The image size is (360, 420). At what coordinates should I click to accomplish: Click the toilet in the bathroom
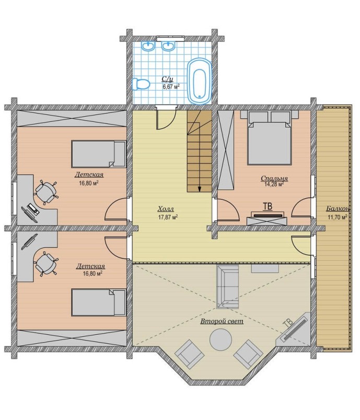tap(141, 84)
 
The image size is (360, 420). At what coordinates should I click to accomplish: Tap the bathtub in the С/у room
tap(200, 81)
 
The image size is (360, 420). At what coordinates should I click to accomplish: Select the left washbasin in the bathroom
tap(148, 46)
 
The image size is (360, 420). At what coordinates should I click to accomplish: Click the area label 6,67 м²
tap(171, 86)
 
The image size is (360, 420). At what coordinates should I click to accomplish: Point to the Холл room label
tap(166, 209)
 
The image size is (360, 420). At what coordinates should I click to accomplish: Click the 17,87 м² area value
tap(168, 217)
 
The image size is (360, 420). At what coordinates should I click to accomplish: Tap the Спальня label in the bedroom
tap(274, 178)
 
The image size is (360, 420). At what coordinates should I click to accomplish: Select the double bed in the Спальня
tap(269, 138)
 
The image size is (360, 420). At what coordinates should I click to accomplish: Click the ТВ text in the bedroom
tap(268, 206)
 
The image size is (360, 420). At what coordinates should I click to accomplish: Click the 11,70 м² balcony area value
tap(338, 217)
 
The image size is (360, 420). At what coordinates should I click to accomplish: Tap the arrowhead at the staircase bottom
tap(200, 189)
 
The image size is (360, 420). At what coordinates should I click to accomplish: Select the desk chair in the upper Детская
tap(46, 192)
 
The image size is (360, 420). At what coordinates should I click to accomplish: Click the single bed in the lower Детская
tap(99, 302)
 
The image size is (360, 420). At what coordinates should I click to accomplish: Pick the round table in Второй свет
tap(220, 339)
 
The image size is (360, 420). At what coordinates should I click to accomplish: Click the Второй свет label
tap(222, 321)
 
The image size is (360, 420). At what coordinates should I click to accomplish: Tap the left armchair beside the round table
tap(190, 355)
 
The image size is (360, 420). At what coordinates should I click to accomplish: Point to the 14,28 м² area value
tap(274, 184)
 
